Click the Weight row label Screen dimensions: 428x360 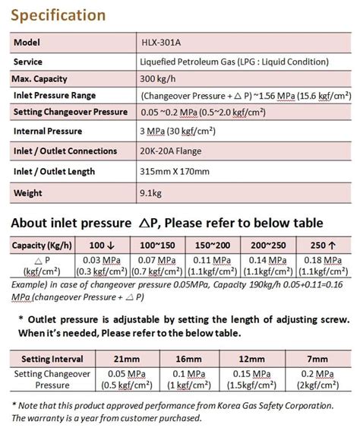[x=28, y=192]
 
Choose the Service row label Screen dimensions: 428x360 [x=28, y=61]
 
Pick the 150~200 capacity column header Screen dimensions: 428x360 [x=213, y=246]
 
